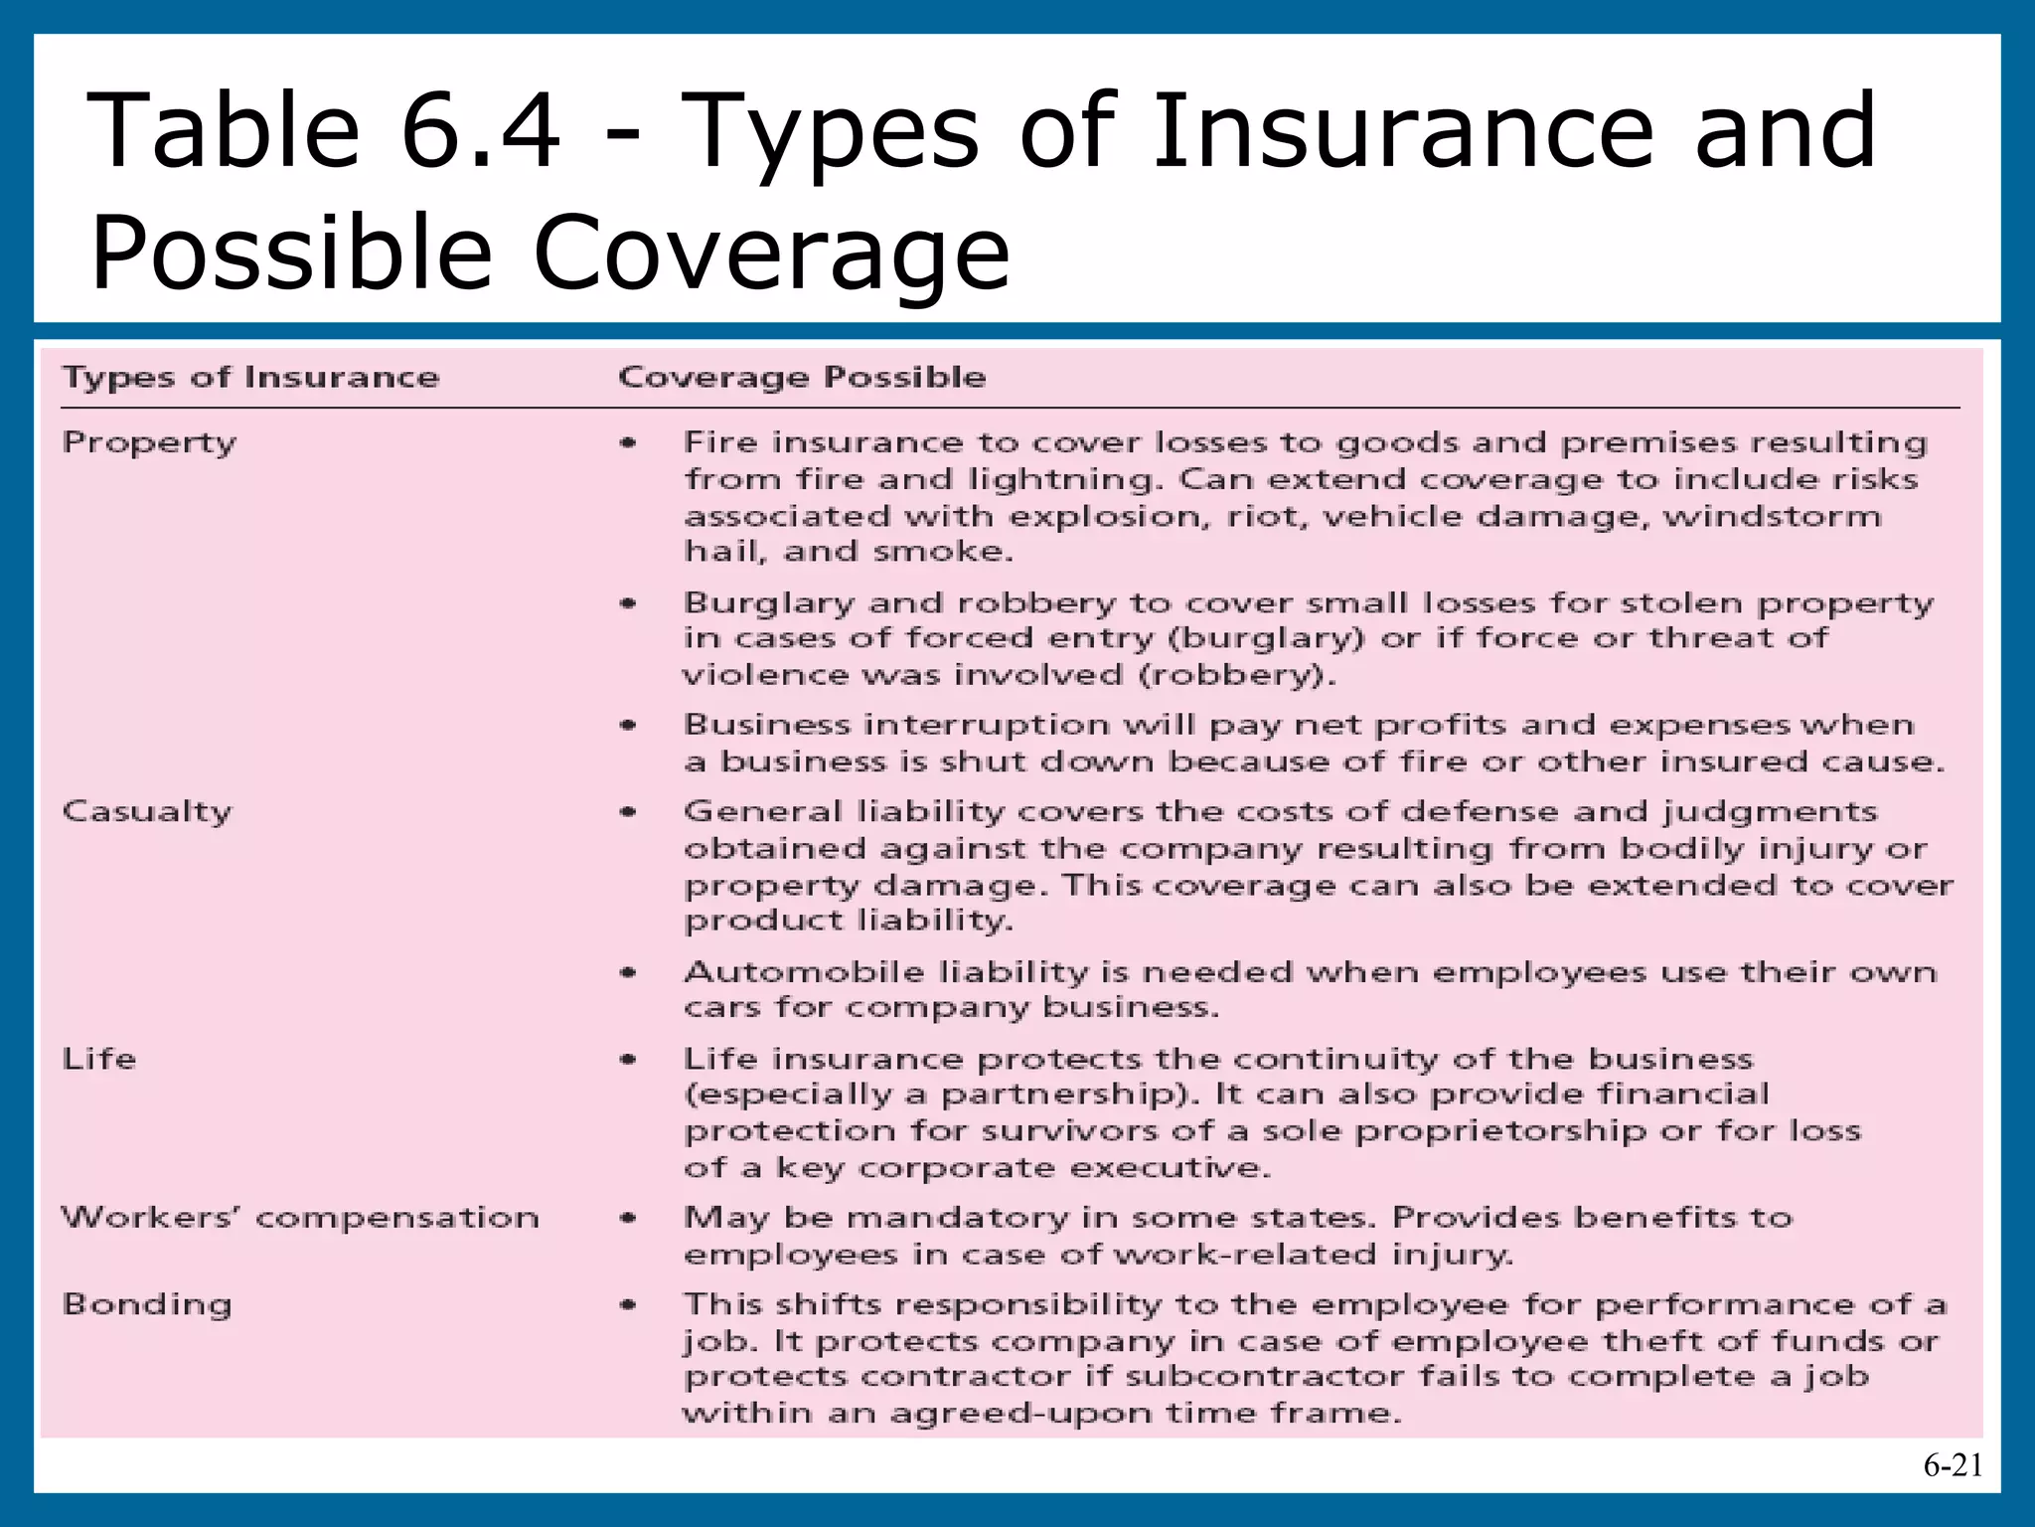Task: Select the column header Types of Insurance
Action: [250, 378]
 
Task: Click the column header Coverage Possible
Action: [802, 378]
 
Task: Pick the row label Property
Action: [149, 443]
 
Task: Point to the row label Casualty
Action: [146, 812]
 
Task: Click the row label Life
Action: [98, 1059]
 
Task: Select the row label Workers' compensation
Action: [300, 1218]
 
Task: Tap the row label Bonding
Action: [147, 1305]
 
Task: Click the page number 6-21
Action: [1953, 1465]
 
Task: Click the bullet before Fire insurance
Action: [628, 443]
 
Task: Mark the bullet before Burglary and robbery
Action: [628, 603]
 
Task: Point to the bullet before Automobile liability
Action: [628, 972]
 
